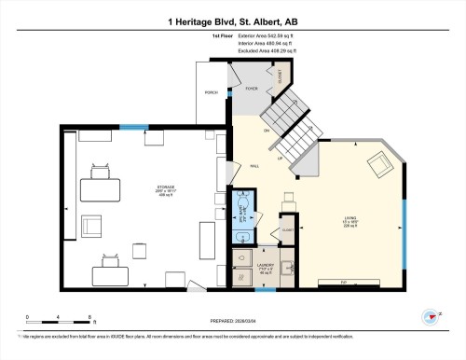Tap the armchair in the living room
tap(379, 166)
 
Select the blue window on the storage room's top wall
tap(133, 127)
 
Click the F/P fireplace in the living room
tap(343, 282)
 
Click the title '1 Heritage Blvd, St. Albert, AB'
tap(232, 20)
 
